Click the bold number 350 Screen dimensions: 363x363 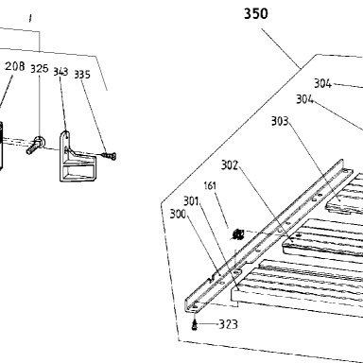256,14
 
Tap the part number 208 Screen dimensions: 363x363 15,66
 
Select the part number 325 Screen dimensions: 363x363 40,68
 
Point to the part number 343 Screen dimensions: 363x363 60,72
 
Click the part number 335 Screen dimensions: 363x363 82,75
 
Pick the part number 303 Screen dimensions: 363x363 280,121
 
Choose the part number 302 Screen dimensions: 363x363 230,164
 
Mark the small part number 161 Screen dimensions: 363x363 210,185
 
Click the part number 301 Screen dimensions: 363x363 191,200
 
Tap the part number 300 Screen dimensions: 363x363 178,214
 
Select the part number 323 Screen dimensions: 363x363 229,324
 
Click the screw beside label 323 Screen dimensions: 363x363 195,325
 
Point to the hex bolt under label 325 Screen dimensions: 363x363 35,145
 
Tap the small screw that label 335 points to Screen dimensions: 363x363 109,155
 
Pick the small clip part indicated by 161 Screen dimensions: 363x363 238,234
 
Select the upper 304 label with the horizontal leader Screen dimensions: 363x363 322,84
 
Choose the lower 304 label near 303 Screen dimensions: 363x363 304,99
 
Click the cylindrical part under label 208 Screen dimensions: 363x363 1,146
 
